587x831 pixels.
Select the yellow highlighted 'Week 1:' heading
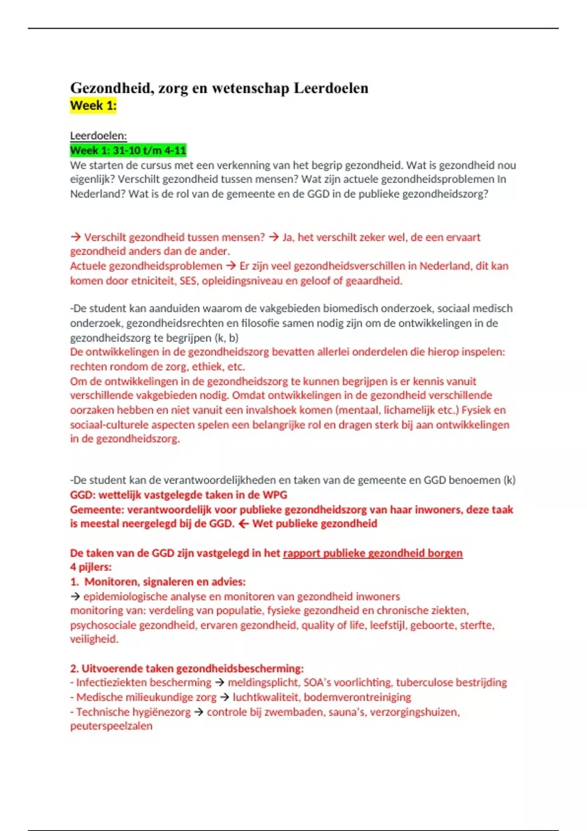[x=93, y=105]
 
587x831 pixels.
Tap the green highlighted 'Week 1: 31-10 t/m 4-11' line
[x=128, y=150]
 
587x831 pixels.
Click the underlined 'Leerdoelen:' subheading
[x=98, y=136]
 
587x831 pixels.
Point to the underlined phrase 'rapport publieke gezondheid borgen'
[x=373, y=553]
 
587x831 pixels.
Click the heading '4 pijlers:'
[x=91, y=567]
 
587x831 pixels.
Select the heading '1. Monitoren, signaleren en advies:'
[x=158, y=582]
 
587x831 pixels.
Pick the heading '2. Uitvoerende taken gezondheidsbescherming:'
[x=187, y=668]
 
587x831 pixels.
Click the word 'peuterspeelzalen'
[x=111, y=726]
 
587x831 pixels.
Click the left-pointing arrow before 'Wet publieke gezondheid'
[x=243, y=524]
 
